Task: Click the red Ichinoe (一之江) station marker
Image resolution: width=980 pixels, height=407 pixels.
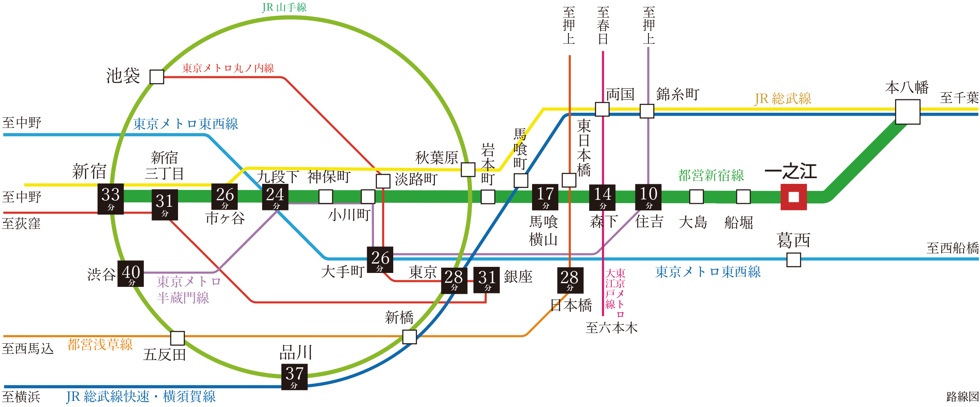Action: click(x=793, y=197)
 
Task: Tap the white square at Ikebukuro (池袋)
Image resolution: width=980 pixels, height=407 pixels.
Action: click(x=157, y=77)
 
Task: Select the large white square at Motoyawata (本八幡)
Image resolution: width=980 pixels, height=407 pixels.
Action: click(x=907, y=112)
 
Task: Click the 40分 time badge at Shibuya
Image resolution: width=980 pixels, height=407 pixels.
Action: click(x=131, y=274)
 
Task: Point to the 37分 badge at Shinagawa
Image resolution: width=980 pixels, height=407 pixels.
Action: click(x=294, y=376)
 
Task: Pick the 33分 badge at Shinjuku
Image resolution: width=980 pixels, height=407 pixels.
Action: click(x=110, y=198)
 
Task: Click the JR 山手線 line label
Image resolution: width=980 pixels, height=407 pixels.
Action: click(x=284, y=7)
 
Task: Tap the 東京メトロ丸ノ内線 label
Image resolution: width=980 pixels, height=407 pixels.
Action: click(x=228, y=68)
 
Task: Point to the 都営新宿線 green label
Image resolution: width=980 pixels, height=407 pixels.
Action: click(x=711, y=175)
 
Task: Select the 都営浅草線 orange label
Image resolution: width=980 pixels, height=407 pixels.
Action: click(x=100, y=344)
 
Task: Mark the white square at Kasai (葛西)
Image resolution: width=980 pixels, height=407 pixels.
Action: click(x=793, y=259)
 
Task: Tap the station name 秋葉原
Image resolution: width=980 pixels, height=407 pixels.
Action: click(x=437, y=158)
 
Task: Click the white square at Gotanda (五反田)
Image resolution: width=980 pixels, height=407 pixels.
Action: click(x=177, y=338)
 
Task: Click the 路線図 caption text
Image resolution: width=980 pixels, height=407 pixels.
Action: click(x=962, y=396)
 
